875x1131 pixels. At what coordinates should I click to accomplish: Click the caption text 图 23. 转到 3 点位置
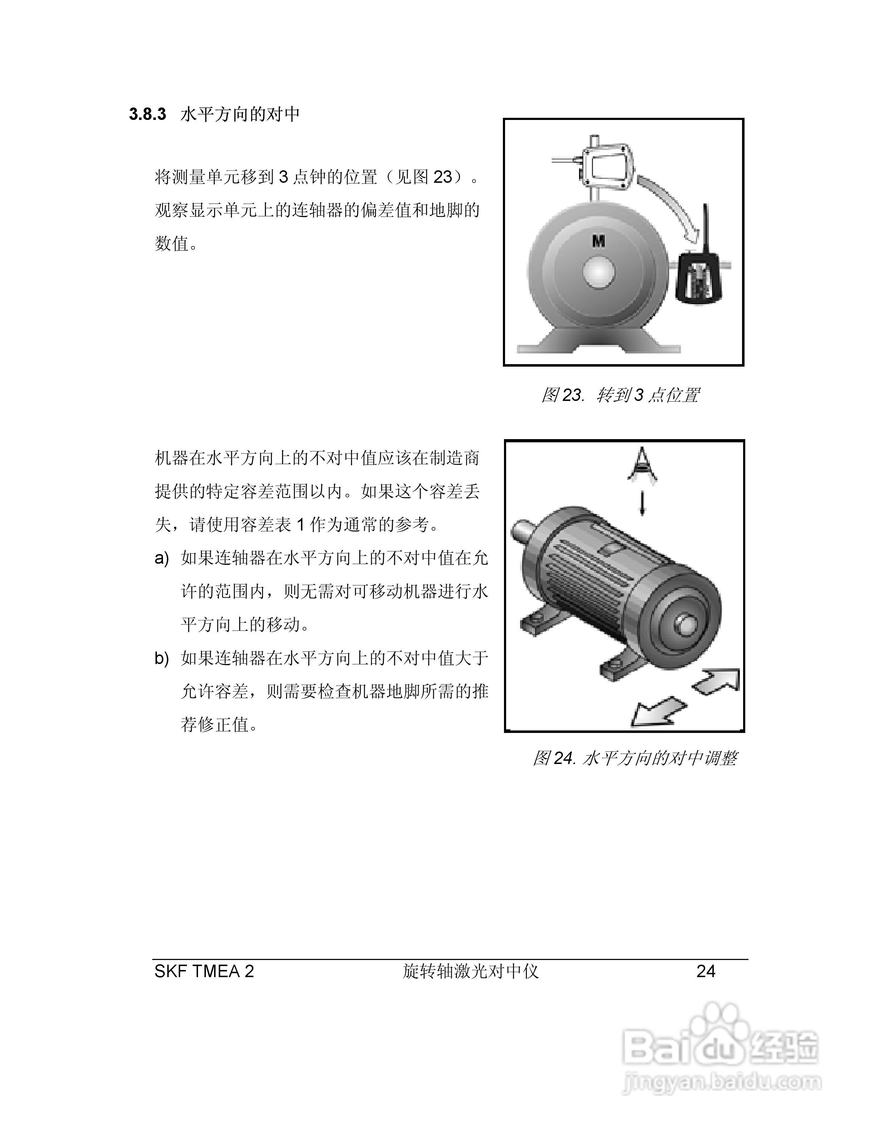620,395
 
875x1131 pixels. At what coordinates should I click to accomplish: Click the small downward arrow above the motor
642,502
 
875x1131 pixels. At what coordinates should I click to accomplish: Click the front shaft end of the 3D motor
687,625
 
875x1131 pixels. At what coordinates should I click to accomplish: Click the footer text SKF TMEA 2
204,971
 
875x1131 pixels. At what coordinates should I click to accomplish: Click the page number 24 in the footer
706,971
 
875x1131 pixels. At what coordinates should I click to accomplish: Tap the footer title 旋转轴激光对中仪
471,971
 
